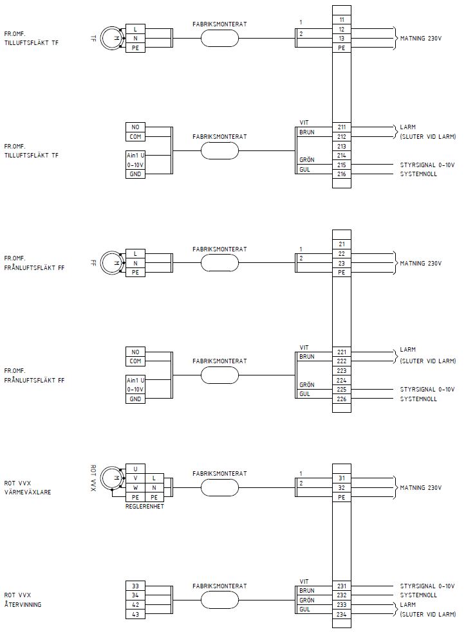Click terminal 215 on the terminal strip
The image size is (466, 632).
coord(341,165)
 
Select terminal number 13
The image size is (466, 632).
coord(341,39)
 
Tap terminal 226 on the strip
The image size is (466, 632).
coord(341,399)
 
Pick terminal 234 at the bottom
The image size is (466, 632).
coord(341,613)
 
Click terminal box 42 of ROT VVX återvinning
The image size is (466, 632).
coord(135,604)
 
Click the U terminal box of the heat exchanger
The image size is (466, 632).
coord(135,469)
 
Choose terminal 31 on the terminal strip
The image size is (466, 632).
coord(341,478)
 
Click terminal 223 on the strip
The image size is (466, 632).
coord(341,370)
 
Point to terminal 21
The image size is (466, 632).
coord(341,244)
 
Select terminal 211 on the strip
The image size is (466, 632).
coord(341,127)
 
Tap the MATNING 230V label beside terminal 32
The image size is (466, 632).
coord(421,488)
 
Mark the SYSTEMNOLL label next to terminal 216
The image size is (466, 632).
coord(418,174)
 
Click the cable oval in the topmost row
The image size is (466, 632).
coord(219,39)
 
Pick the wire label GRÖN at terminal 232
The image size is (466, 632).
coord(306,599)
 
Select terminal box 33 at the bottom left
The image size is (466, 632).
coord(135,586)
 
